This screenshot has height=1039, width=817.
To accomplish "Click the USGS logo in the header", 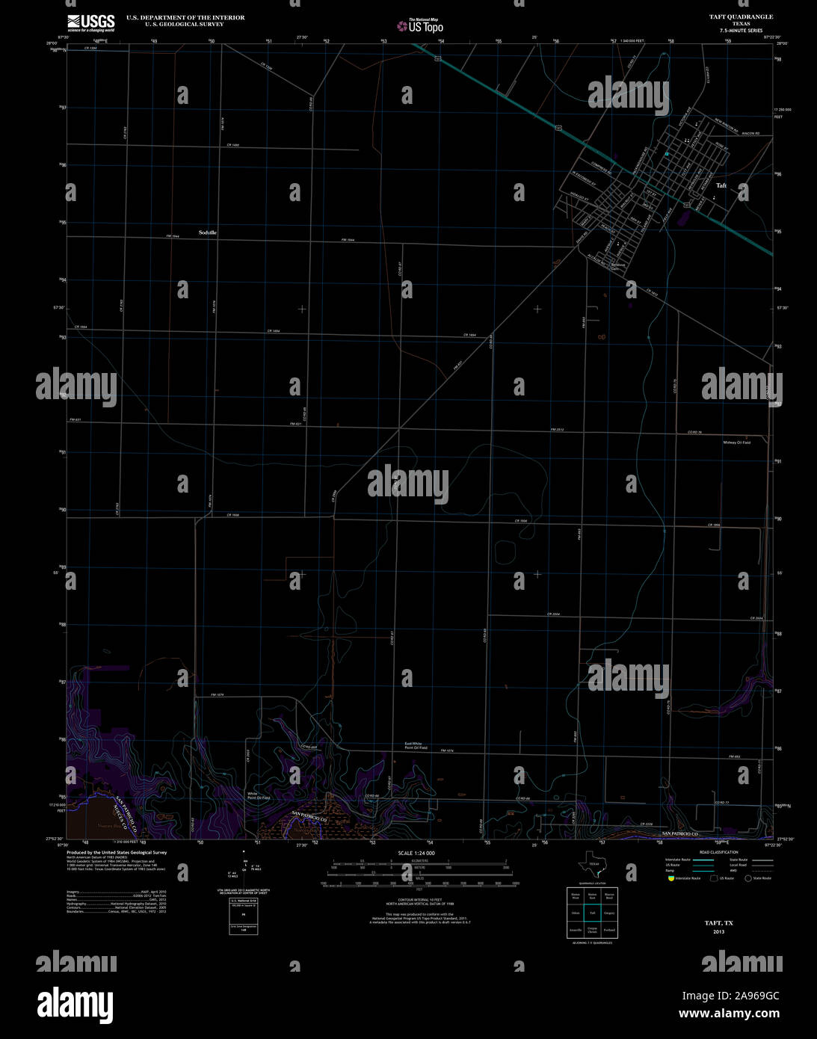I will tap(90, 22).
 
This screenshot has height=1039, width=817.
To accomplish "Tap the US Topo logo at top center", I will tap(420, 26).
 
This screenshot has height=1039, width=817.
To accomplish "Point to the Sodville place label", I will tap(208, 232).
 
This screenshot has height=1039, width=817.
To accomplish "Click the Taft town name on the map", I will tap(721, 185).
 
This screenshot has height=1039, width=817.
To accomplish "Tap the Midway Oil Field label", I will tap(736, 443).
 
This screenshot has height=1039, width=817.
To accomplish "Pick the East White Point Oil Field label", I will tap(416, 745).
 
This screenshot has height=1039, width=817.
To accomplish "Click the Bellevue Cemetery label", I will tap(617, 267).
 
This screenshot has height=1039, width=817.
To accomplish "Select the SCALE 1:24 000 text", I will tap(416, 853).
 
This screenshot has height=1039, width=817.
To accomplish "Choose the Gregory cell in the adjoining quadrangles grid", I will tap(609, 913).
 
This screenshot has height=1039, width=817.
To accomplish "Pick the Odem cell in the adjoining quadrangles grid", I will tap(576, 913).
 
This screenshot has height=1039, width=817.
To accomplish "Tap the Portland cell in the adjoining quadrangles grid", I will tap(609, 930).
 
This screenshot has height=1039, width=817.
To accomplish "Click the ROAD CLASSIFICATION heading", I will tap(718, 852).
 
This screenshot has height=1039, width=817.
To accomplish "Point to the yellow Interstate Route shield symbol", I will tap(670, 878).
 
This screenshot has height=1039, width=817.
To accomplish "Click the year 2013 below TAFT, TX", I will tap(718, 931).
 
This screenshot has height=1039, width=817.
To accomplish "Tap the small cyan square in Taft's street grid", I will tap(666, 154).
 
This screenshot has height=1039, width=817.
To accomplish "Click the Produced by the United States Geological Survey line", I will tap(117, 852).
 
